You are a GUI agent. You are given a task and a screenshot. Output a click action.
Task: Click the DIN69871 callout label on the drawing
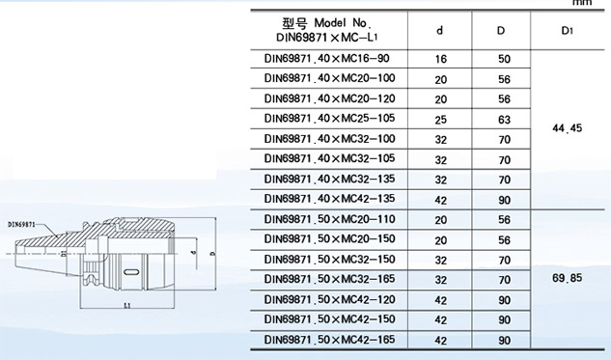22,225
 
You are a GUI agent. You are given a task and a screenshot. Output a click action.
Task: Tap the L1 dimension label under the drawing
127,305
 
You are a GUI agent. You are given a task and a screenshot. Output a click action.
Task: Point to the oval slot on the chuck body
130,271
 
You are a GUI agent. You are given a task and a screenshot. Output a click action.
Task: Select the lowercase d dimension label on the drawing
194,253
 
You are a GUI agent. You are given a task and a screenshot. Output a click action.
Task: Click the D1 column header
567,30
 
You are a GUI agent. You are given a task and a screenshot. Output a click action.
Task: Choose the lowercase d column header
439,30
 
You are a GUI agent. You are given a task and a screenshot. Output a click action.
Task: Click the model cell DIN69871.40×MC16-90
326,59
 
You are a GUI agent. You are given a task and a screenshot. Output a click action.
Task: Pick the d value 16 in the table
440,59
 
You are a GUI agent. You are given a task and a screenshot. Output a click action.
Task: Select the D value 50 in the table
504,59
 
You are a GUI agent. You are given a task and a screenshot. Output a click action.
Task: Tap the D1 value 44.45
567,127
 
